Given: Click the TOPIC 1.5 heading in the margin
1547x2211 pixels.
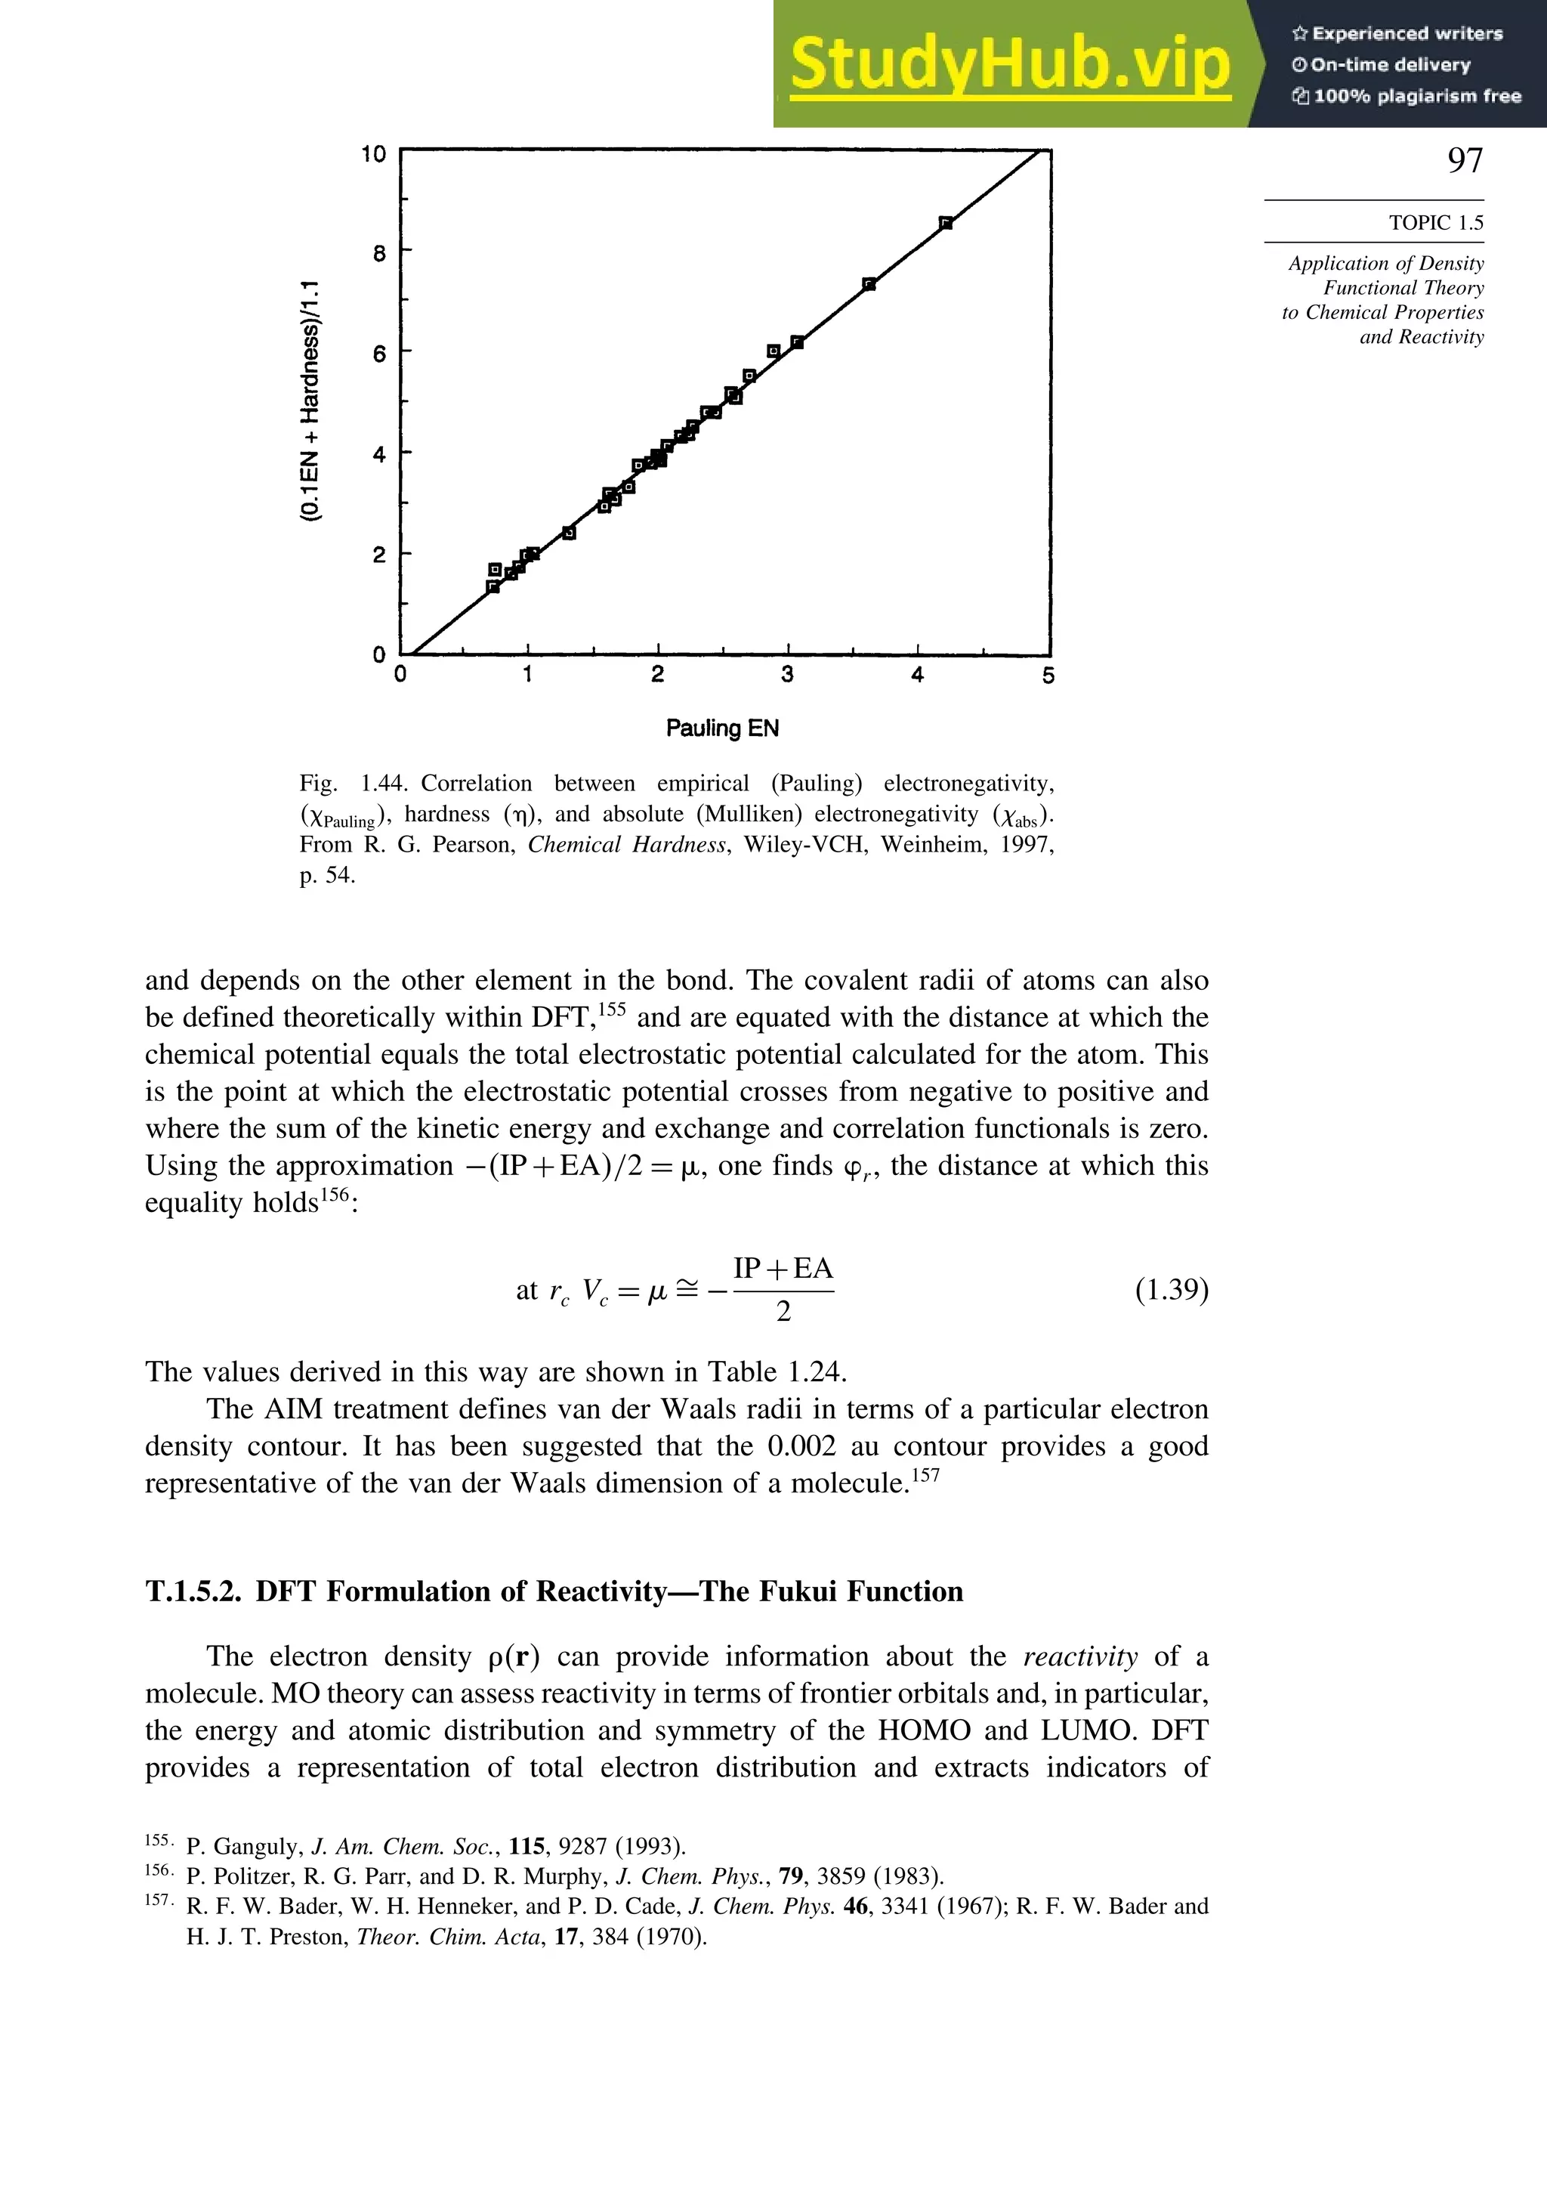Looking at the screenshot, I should [x=1435, y=222].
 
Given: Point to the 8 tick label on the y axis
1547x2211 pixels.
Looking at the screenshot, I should [x=379, y=253].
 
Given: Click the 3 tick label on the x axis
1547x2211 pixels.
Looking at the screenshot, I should [x=787, y=675].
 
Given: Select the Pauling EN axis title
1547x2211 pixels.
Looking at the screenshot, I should [x=722, y=728].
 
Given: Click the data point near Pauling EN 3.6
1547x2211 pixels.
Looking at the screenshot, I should [x=869, y=284].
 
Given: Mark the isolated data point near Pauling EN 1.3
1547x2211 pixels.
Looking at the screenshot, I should [x=569, y=533].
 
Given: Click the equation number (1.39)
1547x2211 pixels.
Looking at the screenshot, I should [x=1171, y=1288].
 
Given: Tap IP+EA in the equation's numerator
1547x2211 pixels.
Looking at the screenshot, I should [x=783, y=1268].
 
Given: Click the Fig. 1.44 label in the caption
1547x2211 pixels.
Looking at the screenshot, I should [x=354, y=783].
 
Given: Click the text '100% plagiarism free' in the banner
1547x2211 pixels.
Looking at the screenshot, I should [x=1416, y=96].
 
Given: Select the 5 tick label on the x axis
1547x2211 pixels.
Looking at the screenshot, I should [x=1048, y=676].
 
